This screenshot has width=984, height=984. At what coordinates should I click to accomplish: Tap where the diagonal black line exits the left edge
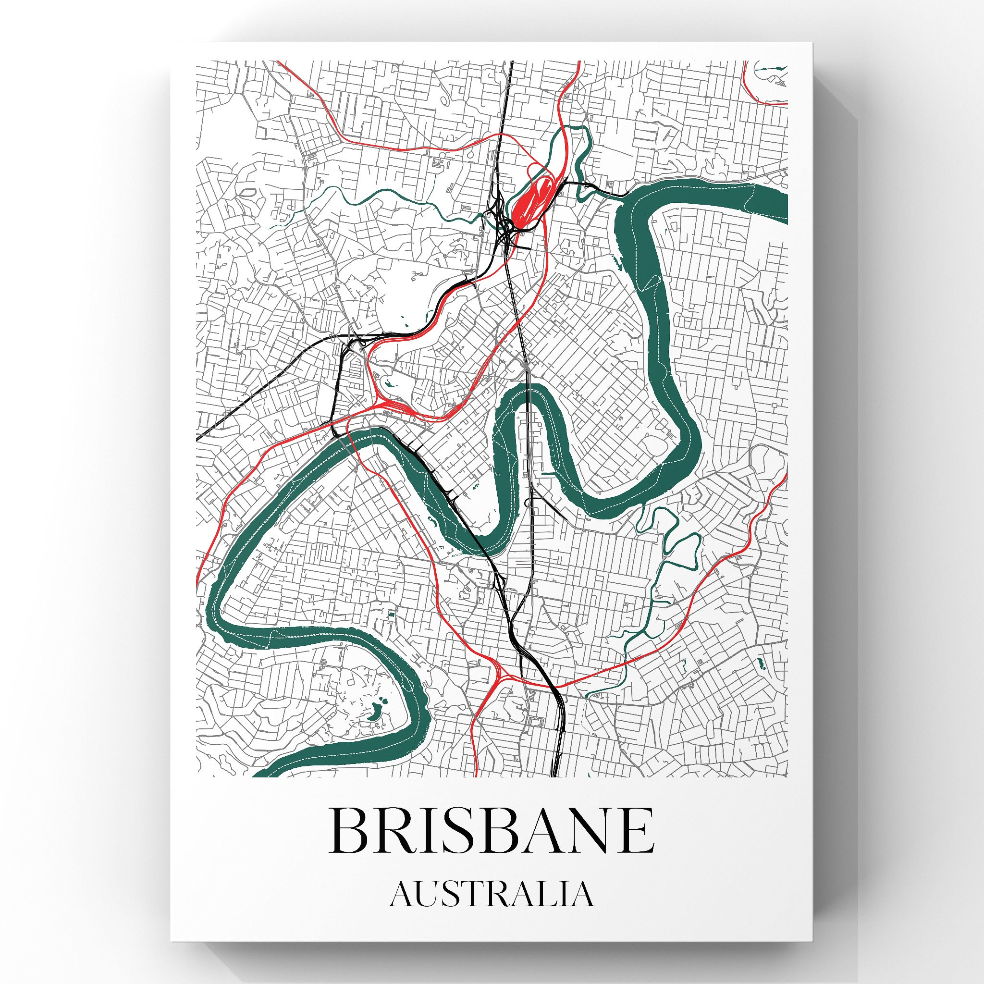tap(198, 439)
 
